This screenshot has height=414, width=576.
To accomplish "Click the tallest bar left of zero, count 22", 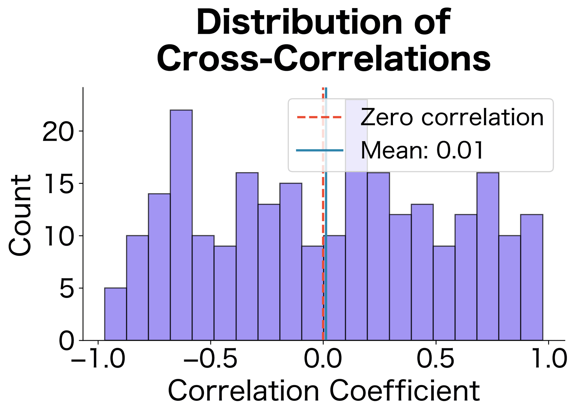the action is (x=181, y=225).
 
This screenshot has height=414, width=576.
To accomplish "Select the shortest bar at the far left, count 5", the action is (x=115, y=314).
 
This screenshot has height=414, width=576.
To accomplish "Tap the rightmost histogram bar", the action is (x=532, y=277).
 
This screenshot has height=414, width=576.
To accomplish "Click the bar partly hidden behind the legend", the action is (x=356, y=255).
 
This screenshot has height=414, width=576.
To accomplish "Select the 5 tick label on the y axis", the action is (x=67, y=288).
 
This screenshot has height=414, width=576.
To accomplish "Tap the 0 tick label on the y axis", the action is (x=67, y=341).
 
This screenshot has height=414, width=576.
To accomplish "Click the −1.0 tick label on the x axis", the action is (x=98, y=359).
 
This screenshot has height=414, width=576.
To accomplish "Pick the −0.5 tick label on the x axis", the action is (x=211, y=359).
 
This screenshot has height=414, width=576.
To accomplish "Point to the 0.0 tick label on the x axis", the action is (x=323, y=359).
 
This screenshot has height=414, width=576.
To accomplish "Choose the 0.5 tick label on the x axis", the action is (x=436, y=359).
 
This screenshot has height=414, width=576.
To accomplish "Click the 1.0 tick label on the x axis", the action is (x=548, y=359).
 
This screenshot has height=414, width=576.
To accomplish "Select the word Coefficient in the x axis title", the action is (x=404, y=391).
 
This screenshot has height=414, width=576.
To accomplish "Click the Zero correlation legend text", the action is (x=452, y=117).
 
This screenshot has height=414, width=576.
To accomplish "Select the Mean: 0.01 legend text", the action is (x=422, y=150).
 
